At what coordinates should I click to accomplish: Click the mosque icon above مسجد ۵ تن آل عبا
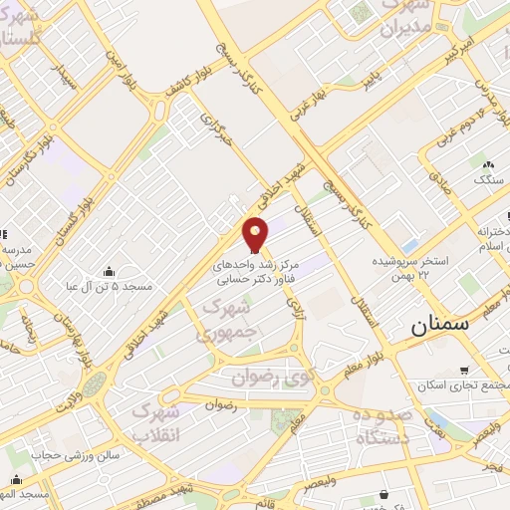109,271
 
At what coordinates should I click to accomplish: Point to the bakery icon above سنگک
487,164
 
